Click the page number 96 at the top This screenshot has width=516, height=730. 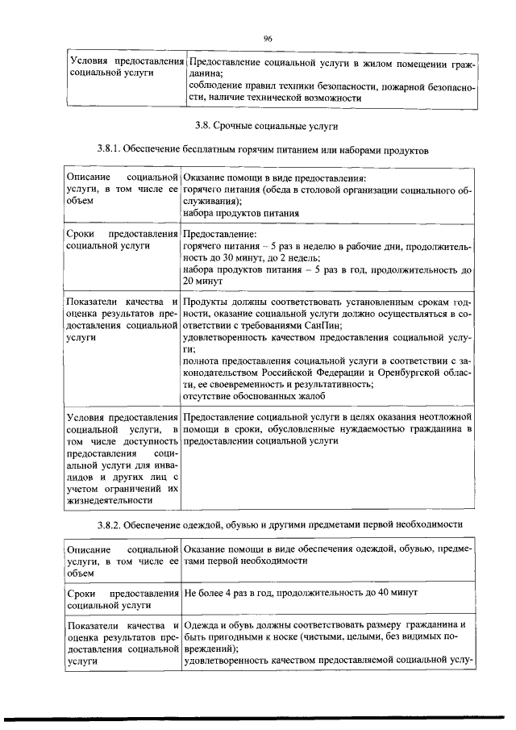[x=268, y=38]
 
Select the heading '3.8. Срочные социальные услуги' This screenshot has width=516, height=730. [x=267, y=126]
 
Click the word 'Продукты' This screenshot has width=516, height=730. [x=206, y=301]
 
